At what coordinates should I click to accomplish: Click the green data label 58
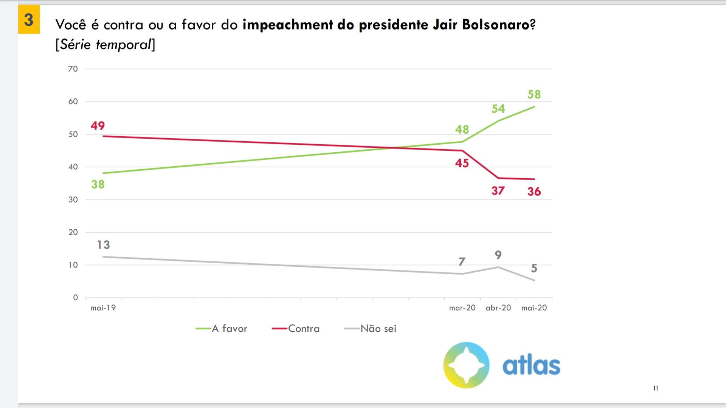534,94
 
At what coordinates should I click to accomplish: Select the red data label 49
98,125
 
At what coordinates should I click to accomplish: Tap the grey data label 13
103,245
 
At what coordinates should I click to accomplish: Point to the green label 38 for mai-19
98,184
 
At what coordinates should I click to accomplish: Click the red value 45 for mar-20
462,163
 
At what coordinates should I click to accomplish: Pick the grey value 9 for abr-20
498,255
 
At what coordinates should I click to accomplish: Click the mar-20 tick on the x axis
462,308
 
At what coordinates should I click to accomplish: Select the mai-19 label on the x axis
103,308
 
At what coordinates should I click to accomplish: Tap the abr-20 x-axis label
498,308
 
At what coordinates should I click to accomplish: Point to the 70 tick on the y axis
73,69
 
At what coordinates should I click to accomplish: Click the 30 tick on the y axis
73,199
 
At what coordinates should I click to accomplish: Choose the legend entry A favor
229,329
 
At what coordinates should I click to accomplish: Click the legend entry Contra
304,329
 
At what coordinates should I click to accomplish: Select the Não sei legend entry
378,329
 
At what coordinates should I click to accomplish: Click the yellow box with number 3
29,20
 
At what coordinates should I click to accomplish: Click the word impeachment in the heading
287,25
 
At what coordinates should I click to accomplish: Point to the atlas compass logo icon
466,365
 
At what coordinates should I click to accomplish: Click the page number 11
656,388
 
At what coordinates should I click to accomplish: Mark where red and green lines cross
393,148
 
